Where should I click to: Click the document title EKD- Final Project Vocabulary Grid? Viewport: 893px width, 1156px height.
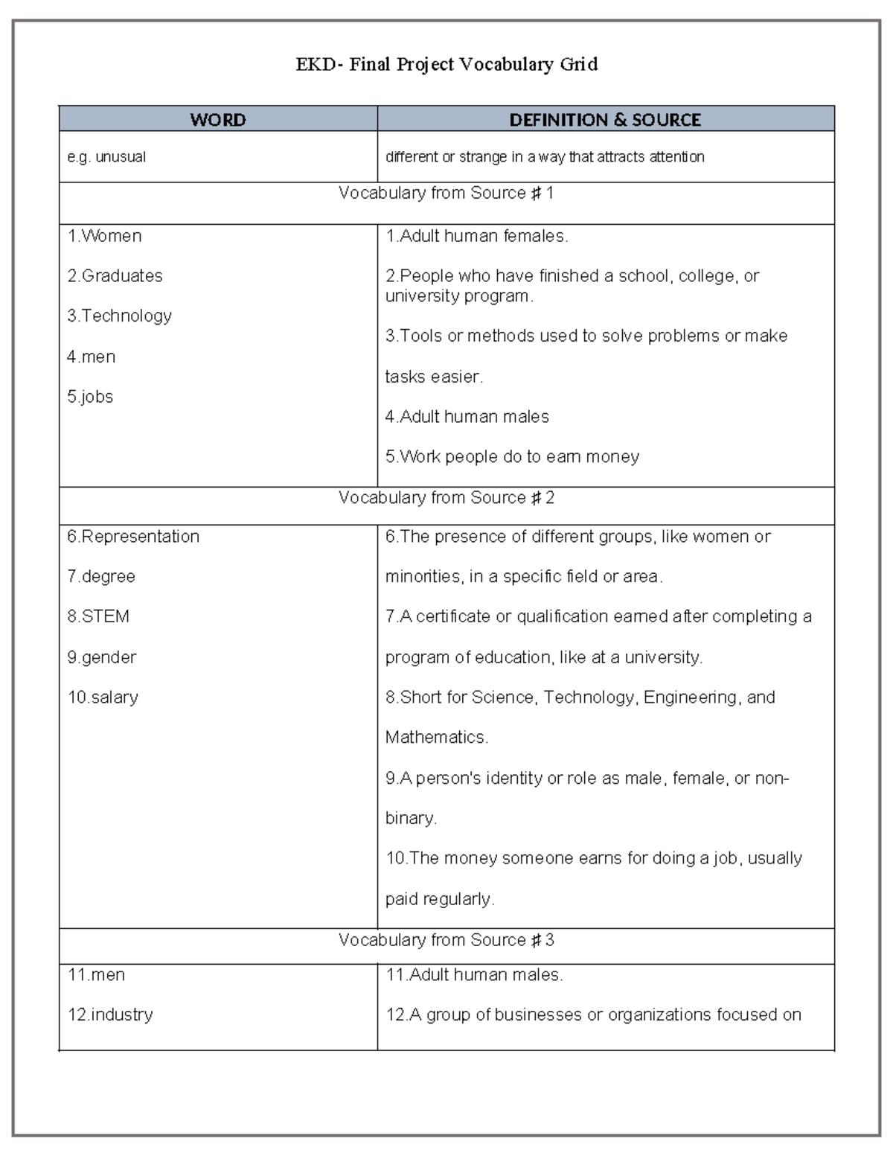(x=446, y=65)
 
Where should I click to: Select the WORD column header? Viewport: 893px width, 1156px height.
(x=217, y=120)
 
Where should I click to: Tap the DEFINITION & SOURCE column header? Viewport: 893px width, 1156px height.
(x=605, y=120)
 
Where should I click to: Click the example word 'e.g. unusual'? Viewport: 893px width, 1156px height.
(x=106, y=157)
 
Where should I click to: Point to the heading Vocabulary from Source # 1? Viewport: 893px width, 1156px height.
(x=446, y=194)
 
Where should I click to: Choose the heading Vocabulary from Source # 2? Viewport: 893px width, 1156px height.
(x=446, y=498)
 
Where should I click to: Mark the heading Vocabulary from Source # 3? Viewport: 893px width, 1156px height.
(x=446, y=940)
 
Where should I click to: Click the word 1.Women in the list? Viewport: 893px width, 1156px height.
(x=104, y=237)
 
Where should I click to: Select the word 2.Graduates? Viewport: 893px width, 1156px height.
(x=115, y=276)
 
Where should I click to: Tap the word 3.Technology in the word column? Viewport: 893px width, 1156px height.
(x=119, y=316)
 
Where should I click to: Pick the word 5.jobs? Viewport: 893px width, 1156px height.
(x=90, y=397)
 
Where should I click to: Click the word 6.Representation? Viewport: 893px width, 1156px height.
(x=133, y=537)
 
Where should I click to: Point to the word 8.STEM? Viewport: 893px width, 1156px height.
(x=98, y=616)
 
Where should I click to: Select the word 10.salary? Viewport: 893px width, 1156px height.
(x=103, y=697)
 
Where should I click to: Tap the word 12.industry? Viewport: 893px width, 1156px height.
(x=110, y=1015)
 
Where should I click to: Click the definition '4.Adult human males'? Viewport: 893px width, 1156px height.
(x=467, y=417)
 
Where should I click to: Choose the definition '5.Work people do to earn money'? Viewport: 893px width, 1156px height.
(x=512, y=457)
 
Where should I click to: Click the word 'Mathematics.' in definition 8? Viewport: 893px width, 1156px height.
(x=437, y=738)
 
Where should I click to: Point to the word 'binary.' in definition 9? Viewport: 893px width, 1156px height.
(x=411, y=818)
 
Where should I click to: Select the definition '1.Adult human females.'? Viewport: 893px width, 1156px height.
(x=476, y=237)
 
